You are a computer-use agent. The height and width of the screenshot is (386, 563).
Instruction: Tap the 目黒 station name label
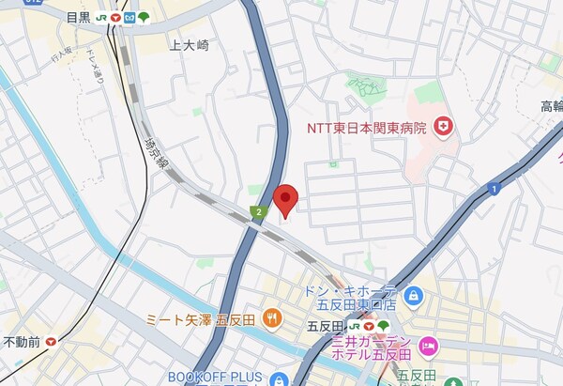click(79, 16)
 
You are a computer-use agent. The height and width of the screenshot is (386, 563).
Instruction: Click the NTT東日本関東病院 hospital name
click(366, 126)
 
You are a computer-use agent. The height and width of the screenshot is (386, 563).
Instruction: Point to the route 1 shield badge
click(492, 190)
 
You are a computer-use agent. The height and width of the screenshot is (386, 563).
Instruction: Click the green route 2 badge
click(256, 213)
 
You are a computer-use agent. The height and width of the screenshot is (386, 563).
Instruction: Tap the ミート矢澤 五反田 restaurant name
click(202, 318)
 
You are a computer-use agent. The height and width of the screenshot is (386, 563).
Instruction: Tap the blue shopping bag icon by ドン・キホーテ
click(416, 298)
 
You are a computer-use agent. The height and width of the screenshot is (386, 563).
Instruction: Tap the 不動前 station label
click(21, 341)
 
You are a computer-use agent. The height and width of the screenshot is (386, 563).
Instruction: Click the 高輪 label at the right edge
click(551, 105)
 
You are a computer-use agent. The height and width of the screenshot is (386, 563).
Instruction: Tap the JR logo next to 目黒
click(99, 16)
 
